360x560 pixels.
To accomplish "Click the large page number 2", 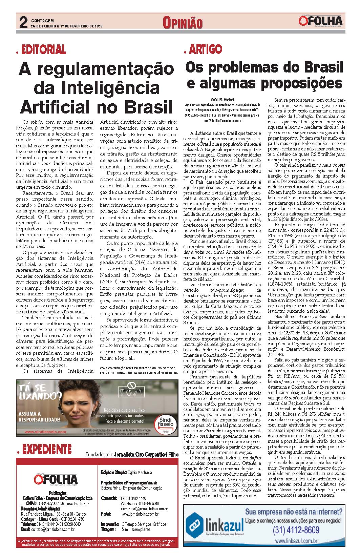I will pyautogui.click(x=23, y=23).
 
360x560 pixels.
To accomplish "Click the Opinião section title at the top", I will pyautogui.click(x=183, y=23).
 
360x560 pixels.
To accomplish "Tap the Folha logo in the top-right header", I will pyautogui.click(x=320, y=21).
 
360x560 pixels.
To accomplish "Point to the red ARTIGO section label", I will pyautogui.click(x=205, y=49).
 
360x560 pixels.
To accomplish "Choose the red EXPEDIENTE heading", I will pyautogui.click(x=46, y=450).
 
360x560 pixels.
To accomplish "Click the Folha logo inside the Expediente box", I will pyautogui.click(x=56, y=479).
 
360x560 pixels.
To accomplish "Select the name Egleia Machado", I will pyautogui.click(x=140, y=472).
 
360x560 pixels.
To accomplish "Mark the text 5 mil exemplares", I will pyautogui.click(x=136, y=529).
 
